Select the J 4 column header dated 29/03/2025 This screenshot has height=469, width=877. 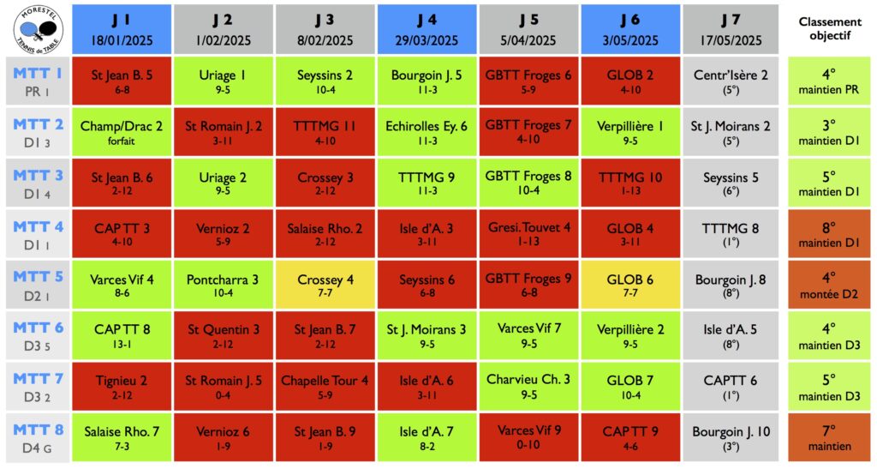click(427, 28)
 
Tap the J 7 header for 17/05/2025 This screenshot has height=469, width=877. click(731, 28)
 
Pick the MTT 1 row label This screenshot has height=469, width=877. click(35, 81)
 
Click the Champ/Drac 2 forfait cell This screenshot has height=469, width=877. click(122, 132)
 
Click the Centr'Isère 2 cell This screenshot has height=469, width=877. click(731, 81)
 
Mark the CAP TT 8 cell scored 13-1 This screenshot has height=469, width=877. click(122, 335)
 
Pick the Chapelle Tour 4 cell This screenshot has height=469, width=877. click(325, 386)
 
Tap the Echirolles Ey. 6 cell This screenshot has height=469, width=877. click(427, 132)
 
